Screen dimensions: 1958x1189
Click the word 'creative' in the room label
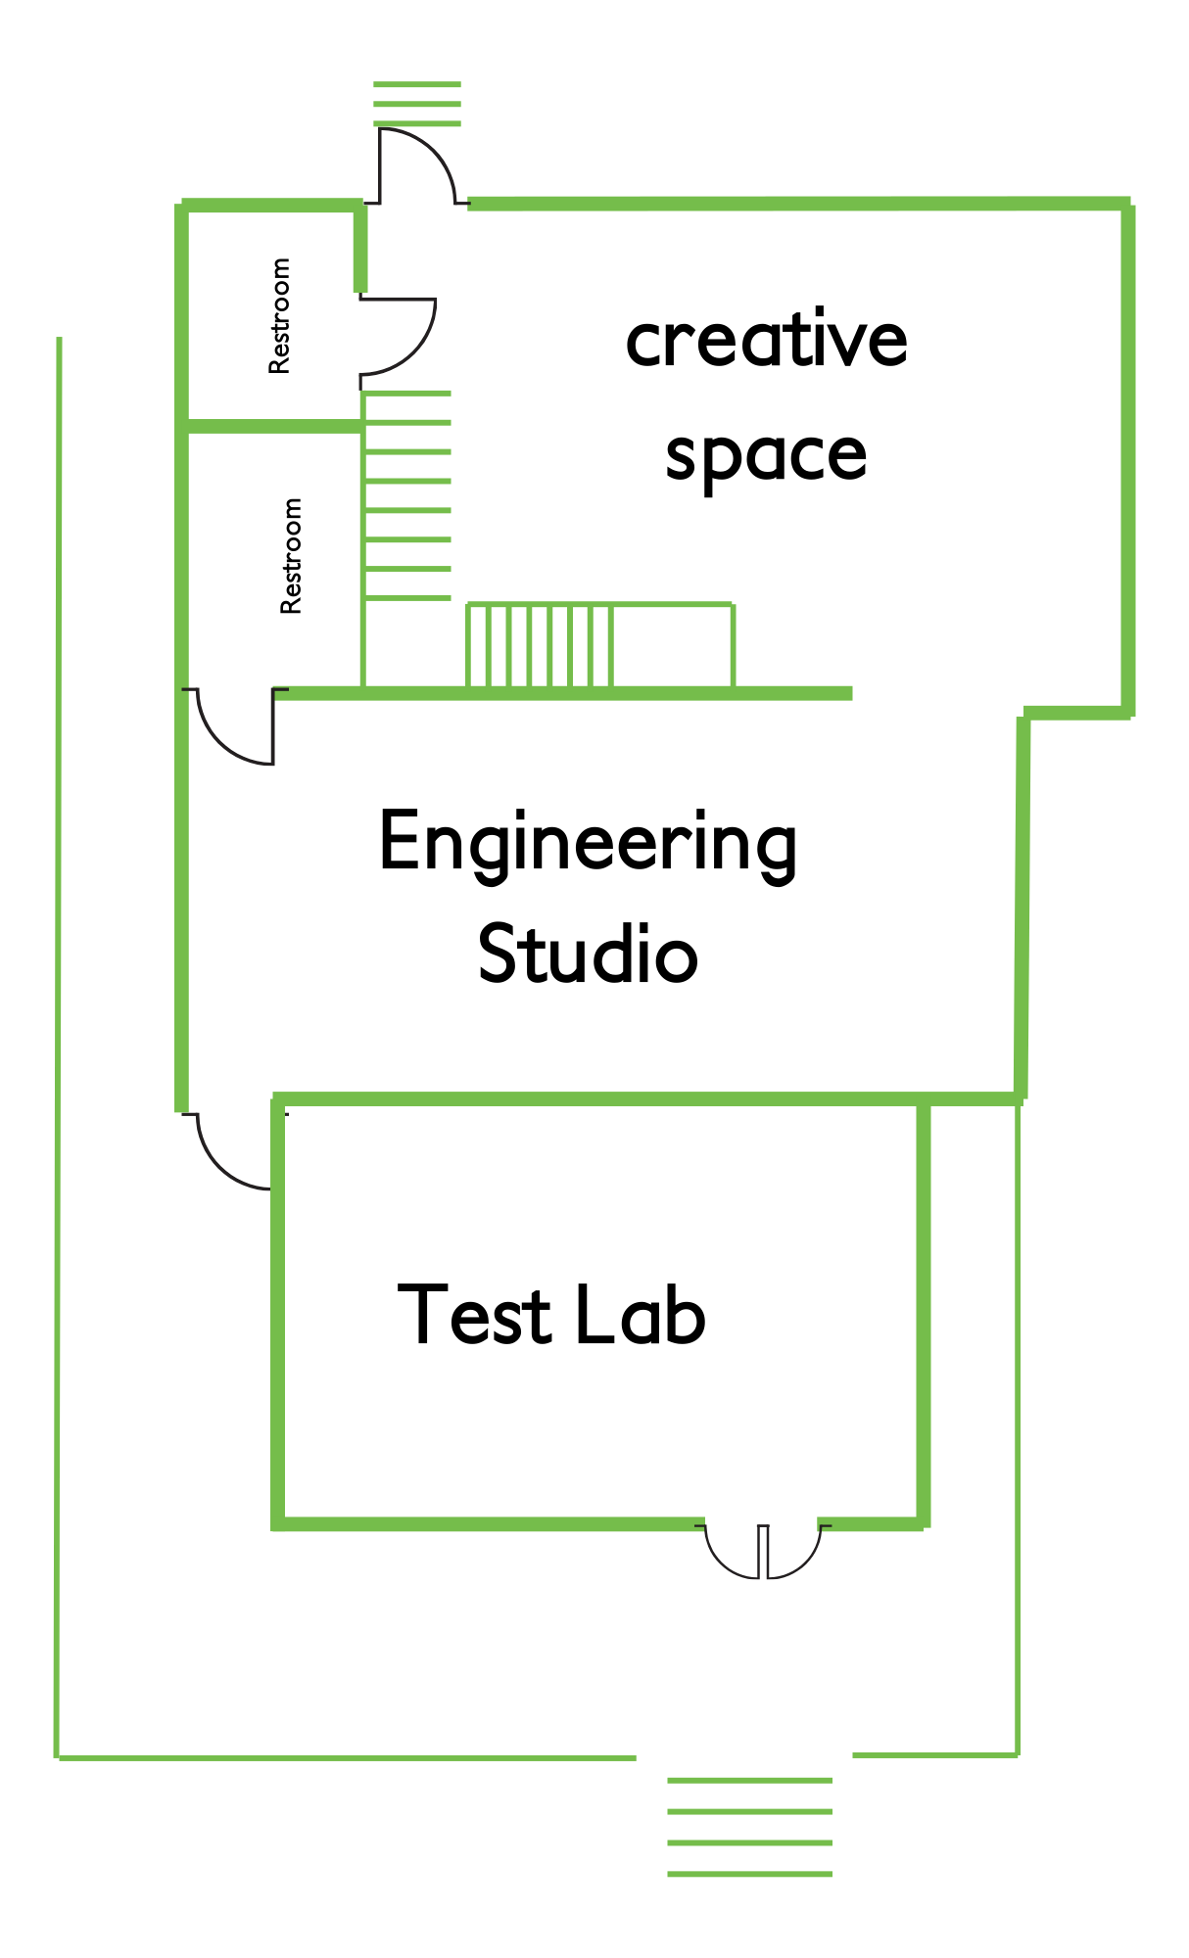[766, 340]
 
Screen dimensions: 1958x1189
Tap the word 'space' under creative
[766, 456]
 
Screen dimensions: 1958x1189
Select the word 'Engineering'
[588, 843]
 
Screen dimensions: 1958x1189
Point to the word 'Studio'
[588, 955]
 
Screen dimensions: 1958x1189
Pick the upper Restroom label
[280, 315]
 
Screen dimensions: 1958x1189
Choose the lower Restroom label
[291, 556]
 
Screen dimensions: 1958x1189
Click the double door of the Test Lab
[763, 1549]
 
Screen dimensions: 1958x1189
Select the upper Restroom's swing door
[397, 336]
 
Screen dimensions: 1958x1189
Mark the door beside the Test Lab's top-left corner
[233, 1151]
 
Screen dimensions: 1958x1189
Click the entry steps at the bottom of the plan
[749, 1827]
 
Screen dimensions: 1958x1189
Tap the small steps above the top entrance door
[417, 104]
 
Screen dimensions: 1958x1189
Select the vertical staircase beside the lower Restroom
[407, 495]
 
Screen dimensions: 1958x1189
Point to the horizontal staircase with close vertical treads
[540, 646]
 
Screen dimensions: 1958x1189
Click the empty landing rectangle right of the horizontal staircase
[673, 646]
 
